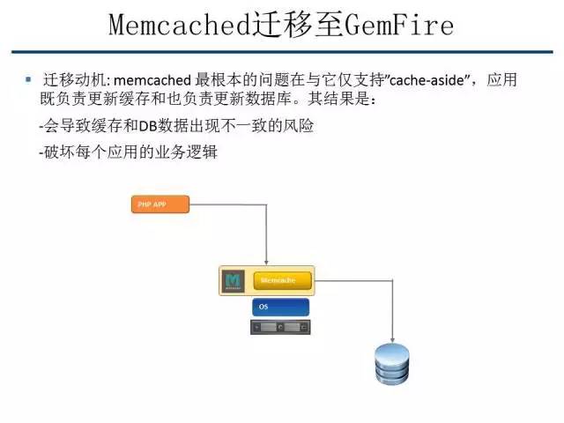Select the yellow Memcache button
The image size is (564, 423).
click(x=284, y=280)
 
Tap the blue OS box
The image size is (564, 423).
click(x=281, y=307)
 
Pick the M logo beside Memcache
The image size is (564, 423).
click(x=234, y=280)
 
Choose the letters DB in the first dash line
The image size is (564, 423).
click(x=147, y=126)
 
